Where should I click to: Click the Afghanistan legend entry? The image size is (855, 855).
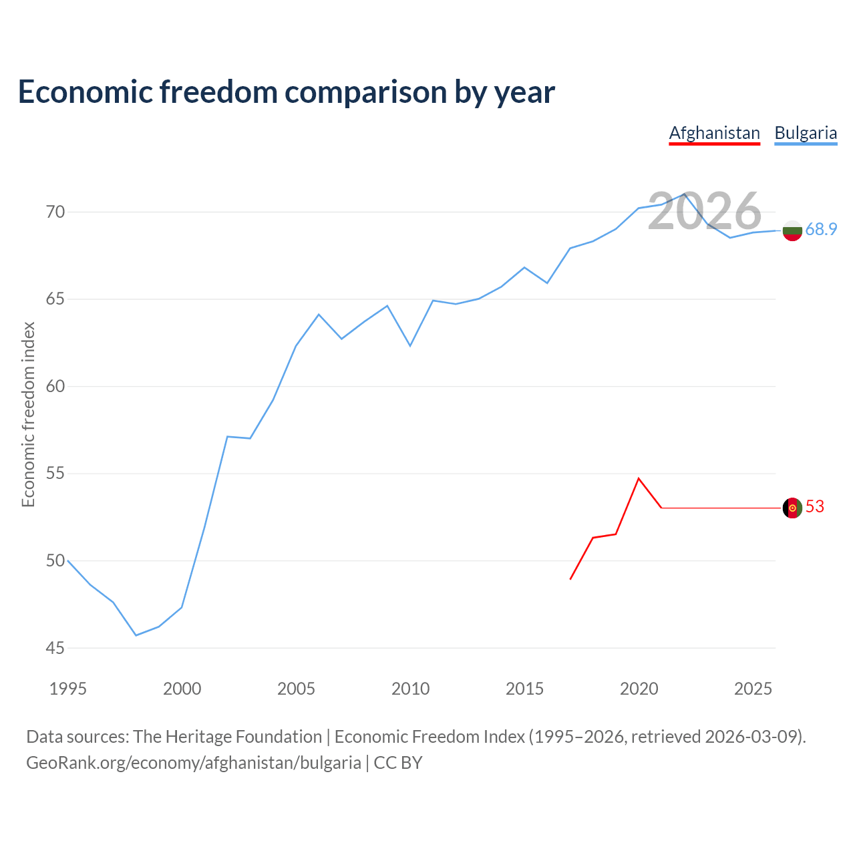(x=714, y=133)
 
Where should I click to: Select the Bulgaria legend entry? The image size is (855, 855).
(x=806, y=133)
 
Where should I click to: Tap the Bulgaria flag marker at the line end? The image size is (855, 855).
(x=792, y=230)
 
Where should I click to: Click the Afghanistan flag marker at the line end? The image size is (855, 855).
(x=792, y=508)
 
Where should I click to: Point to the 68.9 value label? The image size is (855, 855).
(x=821, y=230)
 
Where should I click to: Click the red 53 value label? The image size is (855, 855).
(x=815, y=507)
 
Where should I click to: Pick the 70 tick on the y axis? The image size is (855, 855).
(x=55, y=212)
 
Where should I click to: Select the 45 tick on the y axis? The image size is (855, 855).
(x=55, y=648)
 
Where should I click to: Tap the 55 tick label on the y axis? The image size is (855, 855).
(x=55, y=474)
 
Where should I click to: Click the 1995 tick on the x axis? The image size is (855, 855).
(x=68, y=689)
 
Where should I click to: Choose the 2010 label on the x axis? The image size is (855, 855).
(x=410, y=689)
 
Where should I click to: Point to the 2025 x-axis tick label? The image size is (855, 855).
(x=753, y=689)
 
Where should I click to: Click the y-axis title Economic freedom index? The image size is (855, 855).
(x=28, y=414)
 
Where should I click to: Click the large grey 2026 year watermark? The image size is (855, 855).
(x=704, y=211)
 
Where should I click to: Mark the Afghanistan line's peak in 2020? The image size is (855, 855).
(x=639, y=478)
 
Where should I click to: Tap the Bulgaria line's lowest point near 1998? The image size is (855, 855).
(x=136, y=635)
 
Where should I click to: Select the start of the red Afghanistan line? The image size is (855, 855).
(x=570, y=579)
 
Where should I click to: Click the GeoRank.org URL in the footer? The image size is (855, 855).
(x=194, y=763)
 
